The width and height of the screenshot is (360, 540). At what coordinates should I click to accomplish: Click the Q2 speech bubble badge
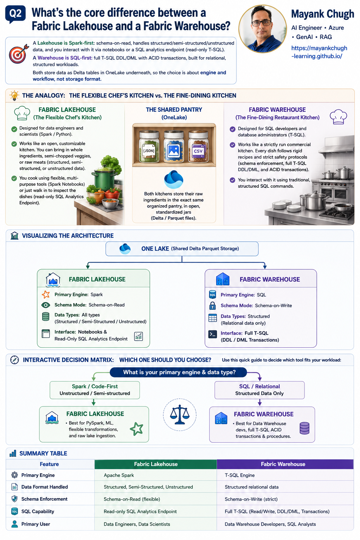pos(15,14)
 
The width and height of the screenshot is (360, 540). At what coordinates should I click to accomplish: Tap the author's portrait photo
pos(263,29)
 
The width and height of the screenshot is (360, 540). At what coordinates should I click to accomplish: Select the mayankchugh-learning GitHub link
pos(319,52)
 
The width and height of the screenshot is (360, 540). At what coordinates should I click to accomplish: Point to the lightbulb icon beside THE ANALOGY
pos(14,96)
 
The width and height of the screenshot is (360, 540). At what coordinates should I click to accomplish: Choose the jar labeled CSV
pos(198,147)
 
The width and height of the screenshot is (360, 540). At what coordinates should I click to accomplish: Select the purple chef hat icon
pos(338,117)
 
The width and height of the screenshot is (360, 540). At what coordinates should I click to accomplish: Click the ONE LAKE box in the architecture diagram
pos(182,249)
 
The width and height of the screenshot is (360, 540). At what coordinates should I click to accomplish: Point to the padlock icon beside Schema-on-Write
pos(212,306)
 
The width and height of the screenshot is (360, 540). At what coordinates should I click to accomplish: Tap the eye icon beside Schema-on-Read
pos(46,305)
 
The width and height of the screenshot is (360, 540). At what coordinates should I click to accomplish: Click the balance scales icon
pos(180,414)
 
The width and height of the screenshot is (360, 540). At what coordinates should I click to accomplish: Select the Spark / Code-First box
pos(95,390)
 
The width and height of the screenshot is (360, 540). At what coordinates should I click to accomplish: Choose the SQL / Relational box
pos(259,390)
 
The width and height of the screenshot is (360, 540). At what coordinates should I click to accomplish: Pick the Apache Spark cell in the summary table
pos(118,475)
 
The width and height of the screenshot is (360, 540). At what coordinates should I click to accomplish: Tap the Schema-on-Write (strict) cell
pos(251,499)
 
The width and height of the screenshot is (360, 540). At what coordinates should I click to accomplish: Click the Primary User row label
pos(36,524)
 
